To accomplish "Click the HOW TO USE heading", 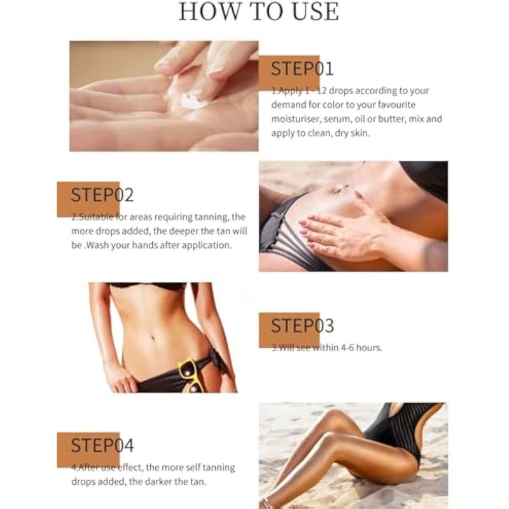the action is point(259,11).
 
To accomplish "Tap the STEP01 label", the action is point(302,69).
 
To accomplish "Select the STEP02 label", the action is point(102,195).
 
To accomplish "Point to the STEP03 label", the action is point(302,326).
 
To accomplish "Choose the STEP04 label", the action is point(102,445).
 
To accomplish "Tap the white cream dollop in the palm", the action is point(192,100).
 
